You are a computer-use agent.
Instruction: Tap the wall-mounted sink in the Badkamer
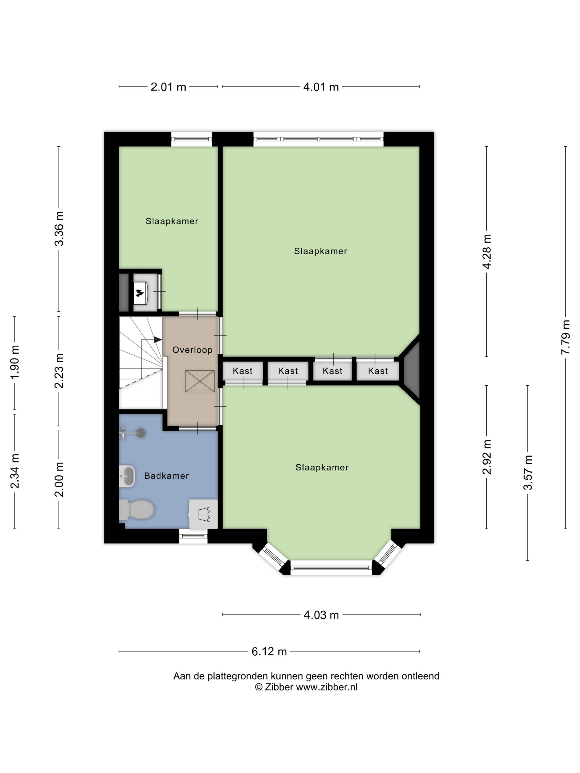[x=126, y=476]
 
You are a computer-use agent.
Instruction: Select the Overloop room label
[x=192, y=350]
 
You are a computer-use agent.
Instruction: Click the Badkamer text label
[x=167, y=476]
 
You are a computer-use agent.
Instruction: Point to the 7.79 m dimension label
[x=565, y=338]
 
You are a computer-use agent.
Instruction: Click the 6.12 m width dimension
[x=269, y=651]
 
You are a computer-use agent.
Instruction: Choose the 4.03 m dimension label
[x=321, y=615]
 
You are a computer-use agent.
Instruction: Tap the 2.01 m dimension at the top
[x=168, y=87]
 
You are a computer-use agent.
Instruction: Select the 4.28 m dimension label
[x=487, y=252]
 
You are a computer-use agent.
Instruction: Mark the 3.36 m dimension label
[x=59, y=229]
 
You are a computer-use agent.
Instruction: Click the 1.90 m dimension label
[x=14, y=362]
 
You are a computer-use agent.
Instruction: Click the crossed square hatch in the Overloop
[x=200, y=381]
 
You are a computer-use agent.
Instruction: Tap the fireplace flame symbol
[x=139, y=292]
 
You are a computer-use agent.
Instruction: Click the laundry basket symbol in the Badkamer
[x=203, y=514]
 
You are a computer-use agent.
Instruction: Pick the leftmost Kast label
[x=242, y=371]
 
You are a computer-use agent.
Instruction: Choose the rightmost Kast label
[x=378, y=371]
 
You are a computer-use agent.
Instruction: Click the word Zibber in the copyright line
[x=279, y=687]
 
